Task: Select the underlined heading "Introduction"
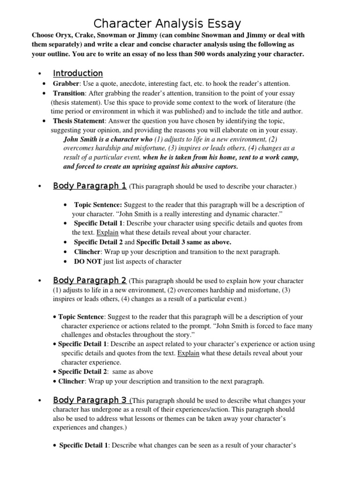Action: point(78,73)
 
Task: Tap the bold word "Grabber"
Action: point(66,83)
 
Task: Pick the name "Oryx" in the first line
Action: point(63,35)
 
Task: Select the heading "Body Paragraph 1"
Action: point(90,186)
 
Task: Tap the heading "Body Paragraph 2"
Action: point(90,280)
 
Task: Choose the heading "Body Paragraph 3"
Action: point(90,400)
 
